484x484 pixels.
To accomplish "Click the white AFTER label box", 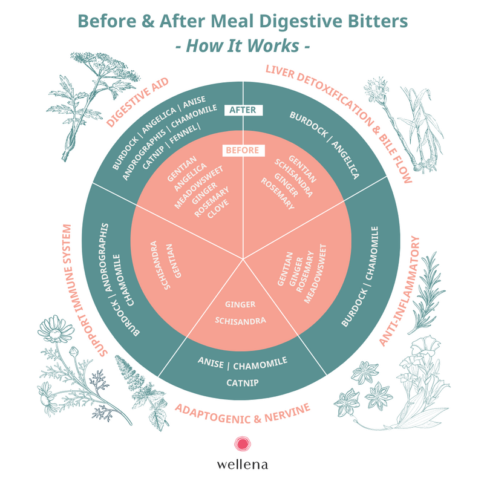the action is click(243, 110).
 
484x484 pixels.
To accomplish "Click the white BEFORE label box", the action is click(243, 150).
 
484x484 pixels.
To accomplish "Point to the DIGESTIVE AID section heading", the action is click(138, 102).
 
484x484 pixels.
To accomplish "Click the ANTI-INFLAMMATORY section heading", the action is click(400, 291).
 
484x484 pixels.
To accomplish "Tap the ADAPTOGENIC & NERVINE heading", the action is click(243, 414).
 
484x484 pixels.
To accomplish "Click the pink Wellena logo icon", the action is click(243, 444).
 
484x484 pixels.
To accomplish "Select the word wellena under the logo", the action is click(243, 465).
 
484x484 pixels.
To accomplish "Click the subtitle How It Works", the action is click(243, 46).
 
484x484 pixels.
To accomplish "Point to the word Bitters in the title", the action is click(378, 21).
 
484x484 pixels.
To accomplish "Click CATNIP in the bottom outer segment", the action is click(243, 383).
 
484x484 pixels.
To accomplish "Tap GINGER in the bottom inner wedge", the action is click(240, 304).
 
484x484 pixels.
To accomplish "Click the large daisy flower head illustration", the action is click(56, 329).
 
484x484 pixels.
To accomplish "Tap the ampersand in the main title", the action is click(148, 21).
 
